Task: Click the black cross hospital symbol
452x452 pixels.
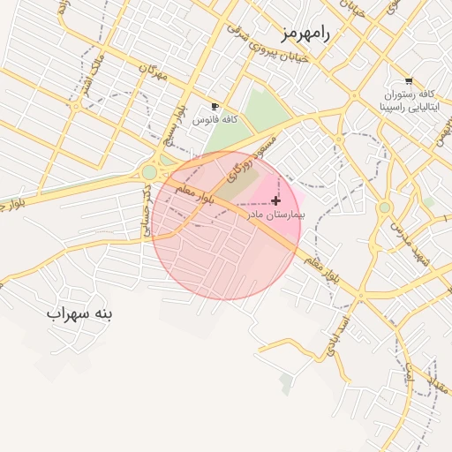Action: [276, 201]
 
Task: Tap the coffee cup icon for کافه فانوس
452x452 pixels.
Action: [215, 106]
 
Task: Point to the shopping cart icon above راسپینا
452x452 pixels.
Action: [408, 81]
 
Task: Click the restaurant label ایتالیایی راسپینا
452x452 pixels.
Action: [409, 107]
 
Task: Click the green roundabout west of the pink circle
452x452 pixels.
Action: [149, 172]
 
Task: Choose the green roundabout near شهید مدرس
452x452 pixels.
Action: [385, 208]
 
